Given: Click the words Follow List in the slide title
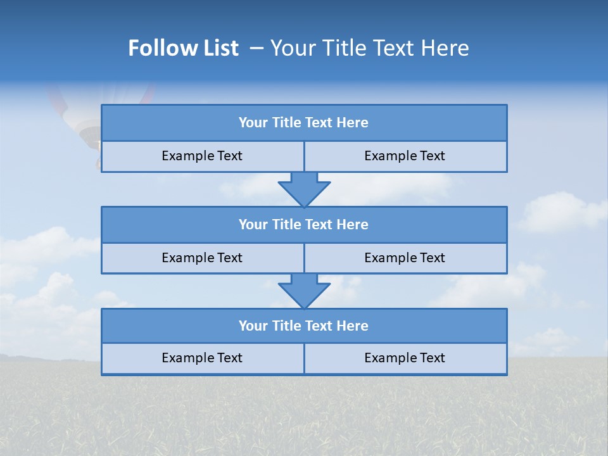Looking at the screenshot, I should coord(183,48).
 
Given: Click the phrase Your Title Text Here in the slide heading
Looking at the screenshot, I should coord(370,48).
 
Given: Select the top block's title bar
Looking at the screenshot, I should coord(304,123).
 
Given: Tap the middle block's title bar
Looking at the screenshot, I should coord(304,224).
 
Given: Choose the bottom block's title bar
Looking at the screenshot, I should coord(304,326).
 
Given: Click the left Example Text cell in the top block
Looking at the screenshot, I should coord(202,156).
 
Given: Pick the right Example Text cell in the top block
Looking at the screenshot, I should coord(405,156).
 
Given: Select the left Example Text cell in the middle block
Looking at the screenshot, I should coord(202,258).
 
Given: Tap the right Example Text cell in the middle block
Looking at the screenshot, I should coord(405,258).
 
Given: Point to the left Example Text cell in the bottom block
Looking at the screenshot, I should coord(202,358).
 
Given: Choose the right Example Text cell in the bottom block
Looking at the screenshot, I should coord(405,358).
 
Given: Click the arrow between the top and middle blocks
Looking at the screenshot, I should coord(304,189).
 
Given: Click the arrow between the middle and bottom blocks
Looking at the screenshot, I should coord(304,291).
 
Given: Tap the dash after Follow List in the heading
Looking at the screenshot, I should coord(257,48).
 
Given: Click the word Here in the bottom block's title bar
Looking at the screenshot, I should coord(352,326).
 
